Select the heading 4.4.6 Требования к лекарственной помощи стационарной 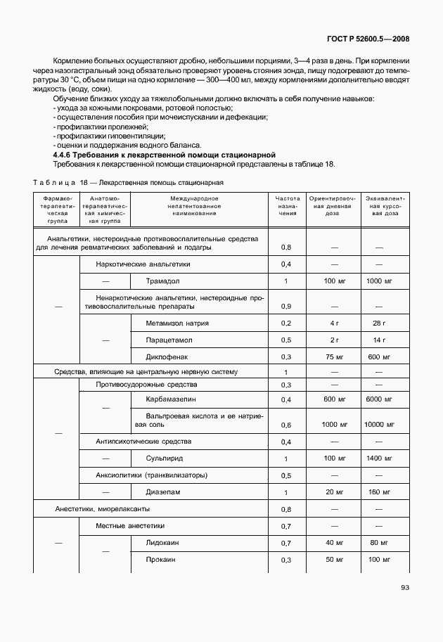tap(164, 155)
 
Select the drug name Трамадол tap(163, 281)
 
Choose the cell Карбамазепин tap(171, 399)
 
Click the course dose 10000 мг tap(380, 425)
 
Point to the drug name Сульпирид tap(165, 458)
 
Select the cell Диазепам tap(163, 492)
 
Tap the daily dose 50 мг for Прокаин tap(333, 560)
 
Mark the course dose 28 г tap(380, 323)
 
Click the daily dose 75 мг tap(333, 357)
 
